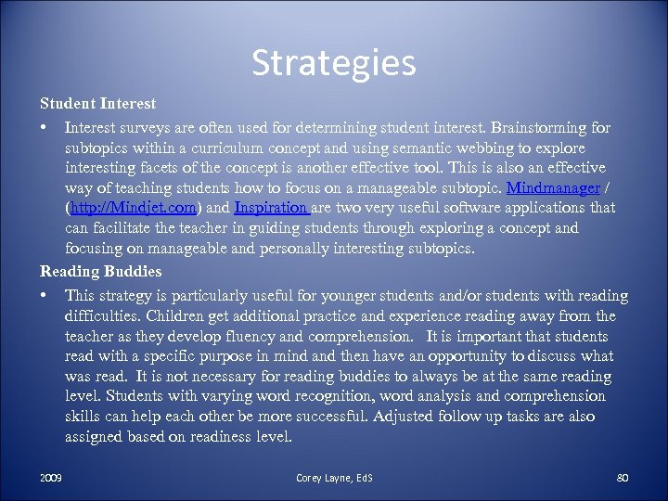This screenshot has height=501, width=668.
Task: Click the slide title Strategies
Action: (x=334, y=63)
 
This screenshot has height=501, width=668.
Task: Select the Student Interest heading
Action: (x=97, y=103)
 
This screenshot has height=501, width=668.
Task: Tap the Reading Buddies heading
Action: (x=100, y=272)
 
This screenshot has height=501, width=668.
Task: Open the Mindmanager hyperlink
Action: (x=553, y=188)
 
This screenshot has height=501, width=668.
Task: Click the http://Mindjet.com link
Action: (x=132, y=209)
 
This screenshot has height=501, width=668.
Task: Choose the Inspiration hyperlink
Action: (x=272, y=209)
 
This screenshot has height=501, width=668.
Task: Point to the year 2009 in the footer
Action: (x=51, y=478)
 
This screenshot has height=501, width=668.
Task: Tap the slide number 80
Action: (x=622, y=478)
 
